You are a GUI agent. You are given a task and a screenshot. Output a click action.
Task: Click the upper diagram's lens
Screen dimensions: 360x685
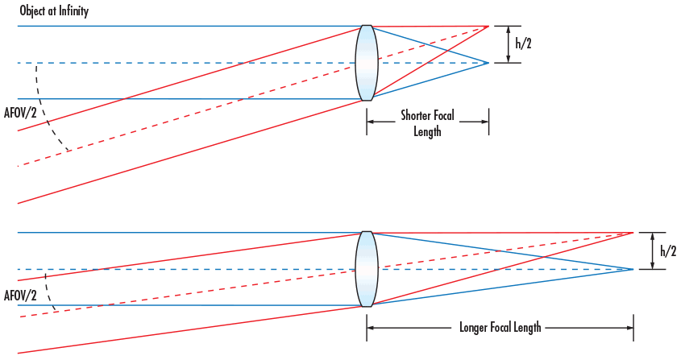pos(367,63)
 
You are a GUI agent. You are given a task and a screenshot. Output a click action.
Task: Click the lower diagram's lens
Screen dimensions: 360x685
pos(367,269)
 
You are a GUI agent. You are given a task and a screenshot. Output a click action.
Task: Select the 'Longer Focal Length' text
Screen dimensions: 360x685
pos(500,329)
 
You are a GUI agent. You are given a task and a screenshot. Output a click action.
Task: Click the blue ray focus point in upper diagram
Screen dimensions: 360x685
pos(488,63)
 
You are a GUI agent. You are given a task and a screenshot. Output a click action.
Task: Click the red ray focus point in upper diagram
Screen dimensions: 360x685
pos(488,27)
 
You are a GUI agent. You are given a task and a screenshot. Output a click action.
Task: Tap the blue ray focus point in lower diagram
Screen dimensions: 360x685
pos(633,269)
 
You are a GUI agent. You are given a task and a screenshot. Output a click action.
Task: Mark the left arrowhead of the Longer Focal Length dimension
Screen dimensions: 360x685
pos(370,329)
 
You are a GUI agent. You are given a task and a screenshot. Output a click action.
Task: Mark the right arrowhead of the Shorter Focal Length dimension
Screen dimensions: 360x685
pos(486,122)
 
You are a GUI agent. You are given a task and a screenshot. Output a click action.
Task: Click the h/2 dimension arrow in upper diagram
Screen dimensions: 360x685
pos(507,45)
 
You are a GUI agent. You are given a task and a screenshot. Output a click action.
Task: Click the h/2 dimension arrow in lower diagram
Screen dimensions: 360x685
pos(652,250)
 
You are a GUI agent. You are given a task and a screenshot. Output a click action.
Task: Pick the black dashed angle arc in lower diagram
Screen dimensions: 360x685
pos(51,295)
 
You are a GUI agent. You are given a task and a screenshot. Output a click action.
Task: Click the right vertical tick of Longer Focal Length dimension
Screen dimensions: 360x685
pos(633,329)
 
